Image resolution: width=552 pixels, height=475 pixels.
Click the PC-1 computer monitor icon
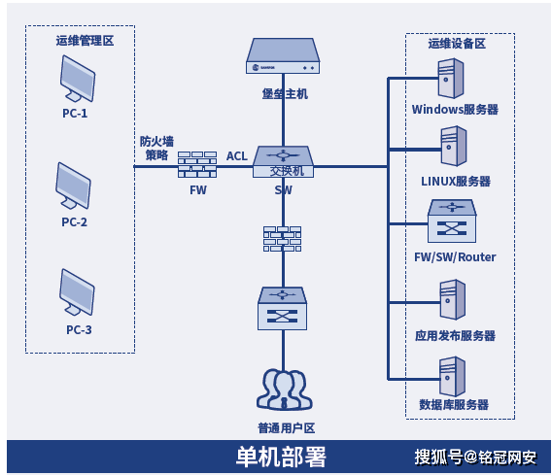pos(76,77)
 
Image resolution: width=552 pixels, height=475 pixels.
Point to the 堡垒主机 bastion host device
pos(283,57)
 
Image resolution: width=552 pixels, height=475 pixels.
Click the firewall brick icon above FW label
pos(198,165)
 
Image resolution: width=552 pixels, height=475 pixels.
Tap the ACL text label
pos(237,155)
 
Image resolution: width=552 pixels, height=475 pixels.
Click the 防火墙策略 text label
pos(156,148)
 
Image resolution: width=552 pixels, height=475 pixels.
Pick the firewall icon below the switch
pos(283,239)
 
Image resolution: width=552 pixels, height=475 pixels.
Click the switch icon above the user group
pos(283,308)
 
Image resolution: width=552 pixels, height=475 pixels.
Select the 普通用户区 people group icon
pos(283,390)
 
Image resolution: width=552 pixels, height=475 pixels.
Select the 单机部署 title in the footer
pos(282,457)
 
